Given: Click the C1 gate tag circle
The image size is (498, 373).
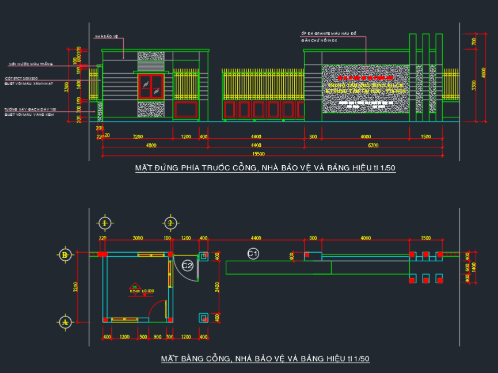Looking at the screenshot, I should click(253, 253).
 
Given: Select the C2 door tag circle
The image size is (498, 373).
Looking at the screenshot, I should click(187, 265).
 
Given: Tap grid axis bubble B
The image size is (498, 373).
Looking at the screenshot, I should click(65, 254).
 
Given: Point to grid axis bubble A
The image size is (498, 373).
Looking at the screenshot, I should click(65, 322).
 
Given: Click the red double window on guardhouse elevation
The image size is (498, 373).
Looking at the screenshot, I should click(151, 86).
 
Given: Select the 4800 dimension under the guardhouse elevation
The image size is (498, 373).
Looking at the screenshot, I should click(151, 146).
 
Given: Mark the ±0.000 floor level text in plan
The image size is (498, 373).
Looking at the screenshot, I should click(147, 291).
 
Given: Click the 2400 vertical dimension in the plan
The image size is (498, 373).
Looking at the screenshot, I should click(217, 287).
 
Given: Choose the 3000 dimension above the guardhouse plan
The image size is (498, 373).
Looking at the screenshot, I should click(138, 238).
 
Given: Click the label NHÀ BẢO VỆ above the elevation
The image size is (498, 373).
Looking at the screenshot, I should click(106, 37).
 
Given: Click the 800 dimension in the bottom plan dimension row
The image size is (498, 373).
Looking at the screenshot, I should click(158, 337).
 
